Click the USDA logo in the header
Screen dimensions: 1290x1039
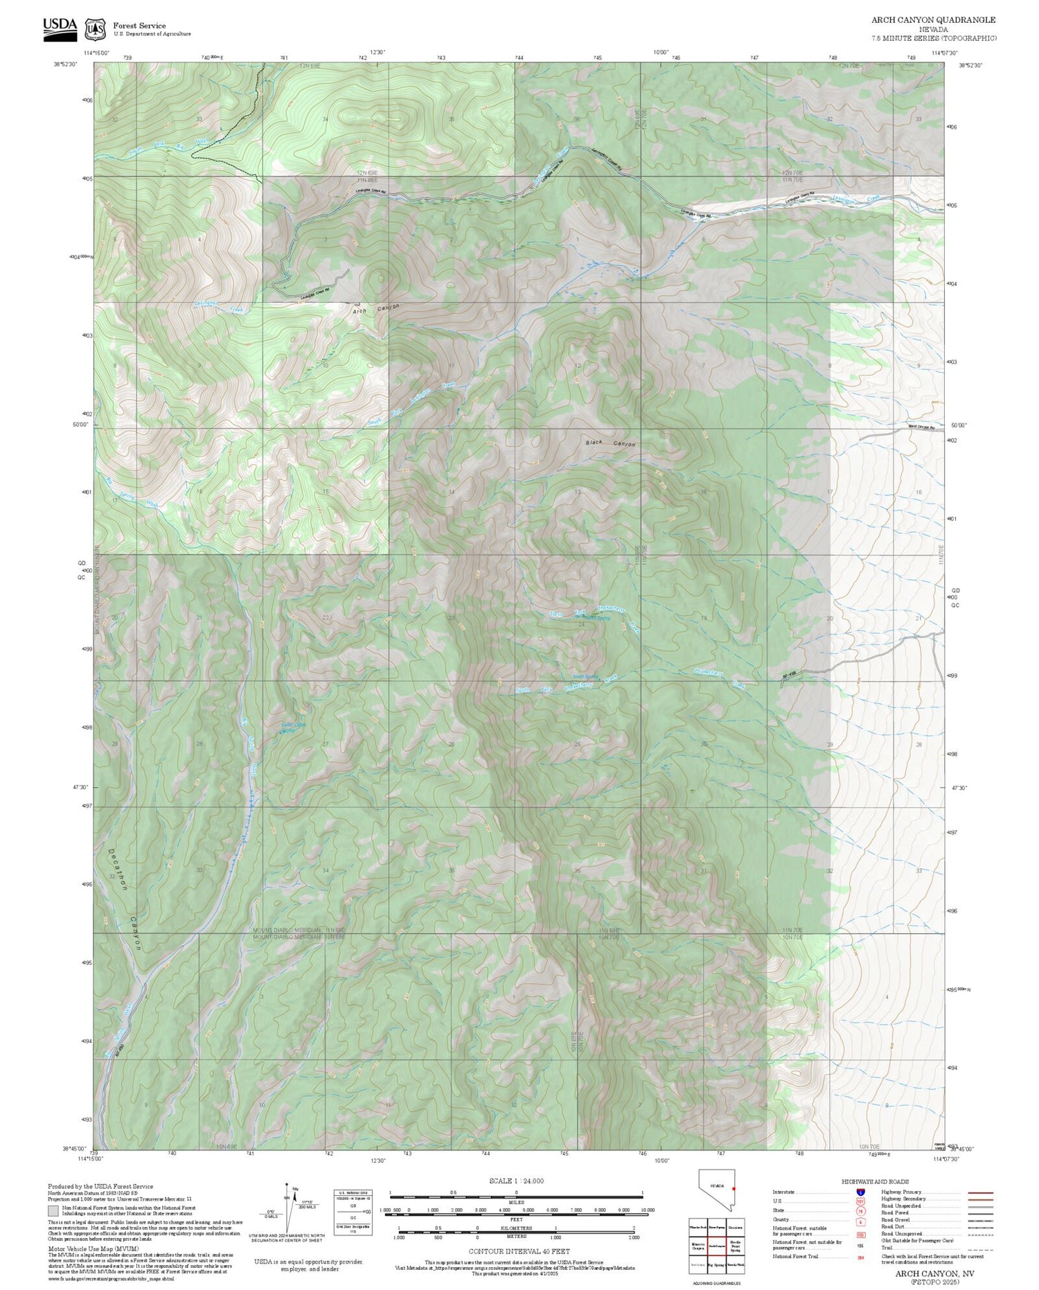tap(60, 29)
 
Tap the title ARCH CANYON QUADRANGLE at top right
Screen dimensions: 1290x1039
tap(933, 20)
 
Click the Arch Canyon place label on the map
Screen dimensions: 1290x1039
tap(376, 309)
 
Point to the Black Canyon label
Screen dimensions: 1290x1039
tap(610, 443)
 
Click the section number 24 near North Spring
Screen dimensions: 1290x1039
tap(582, 624)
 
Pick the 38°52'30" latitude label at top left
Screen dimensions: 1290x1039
tap(65, 64)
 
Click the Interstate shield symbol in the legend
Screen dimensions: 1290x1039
tap(860, 1192)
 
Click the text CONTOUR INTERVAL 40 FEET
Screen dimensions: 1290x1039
tap(519, 1251)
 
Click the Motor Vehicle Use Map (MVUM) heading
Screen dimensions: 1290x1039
tap(93, 1248)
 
